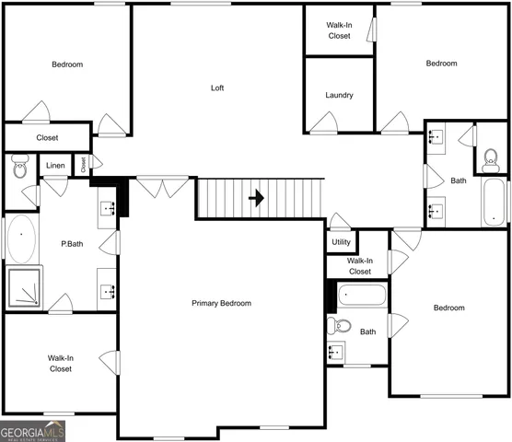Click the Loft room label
pyautogui.click(x=217, y=88)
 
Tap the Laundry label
pyautogui.click(x=339, y=95)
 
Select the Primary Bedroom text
pyautogui.click(x=221, y=303)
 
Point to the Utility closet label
pyautogui.click(x=341, y=242)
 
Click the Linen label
pyautogui.click(x=55, y=167)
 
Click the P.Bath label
pyautogui.click(x=74, y=245)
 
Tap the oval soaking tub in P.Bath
pyautogui.click(x=20, y=239)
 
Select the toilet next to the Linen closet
pyautogui.click(x=19, y=168)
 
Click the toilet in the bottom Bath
pyautogui.click(x=341, y=325)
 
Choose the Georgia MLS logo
pyautogui.click(x=33, y=431)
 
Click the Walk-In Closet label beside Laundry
pyautogui.click(x=339, y=30)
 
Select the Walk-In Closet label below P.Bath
pyautogui.click(x=61, y=363)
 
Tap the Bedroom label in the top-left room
pyautogui.click(x=67, y=64)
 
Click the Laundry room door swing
pyautogui.click(x=322, y=122)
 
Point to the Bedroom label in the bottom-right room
pyautogui.click(x=449, y=308)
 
